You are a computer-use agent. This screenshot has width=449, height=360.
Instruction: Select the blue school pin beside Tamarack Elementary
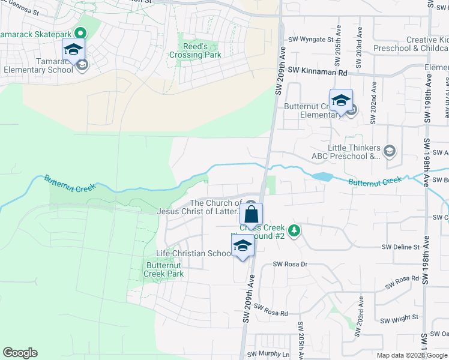[x=73, y=50]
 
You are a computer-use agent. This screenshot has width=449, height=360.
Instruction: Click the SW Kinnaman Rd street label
[x=318, y=72]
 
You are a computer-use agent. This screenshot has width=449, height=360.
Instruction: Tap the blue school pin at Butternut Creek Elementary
[x=340, y=101]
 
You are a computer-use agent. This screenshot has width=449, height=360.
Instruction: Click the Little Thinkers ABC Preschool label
[x=354, y=152]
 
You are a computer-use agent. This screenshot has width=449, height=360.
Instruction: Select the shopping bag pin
[x=252, y=215]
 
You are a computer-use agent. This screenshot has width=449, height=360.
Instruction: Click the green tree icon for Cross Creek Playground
[x=294, y=230]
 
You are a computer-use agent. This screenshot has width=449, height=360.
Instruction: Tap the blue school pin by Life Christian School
[x=243, y=246]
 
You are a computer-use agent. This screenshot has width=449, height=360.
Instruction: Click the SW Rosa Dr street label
[x=290, y=264]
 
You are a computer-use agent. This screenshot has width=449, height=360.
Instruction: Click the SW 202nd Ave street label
[x=374, y=94]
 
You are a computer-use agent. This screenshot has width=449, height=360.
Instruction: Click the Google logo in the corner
[x=20, y=353]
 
